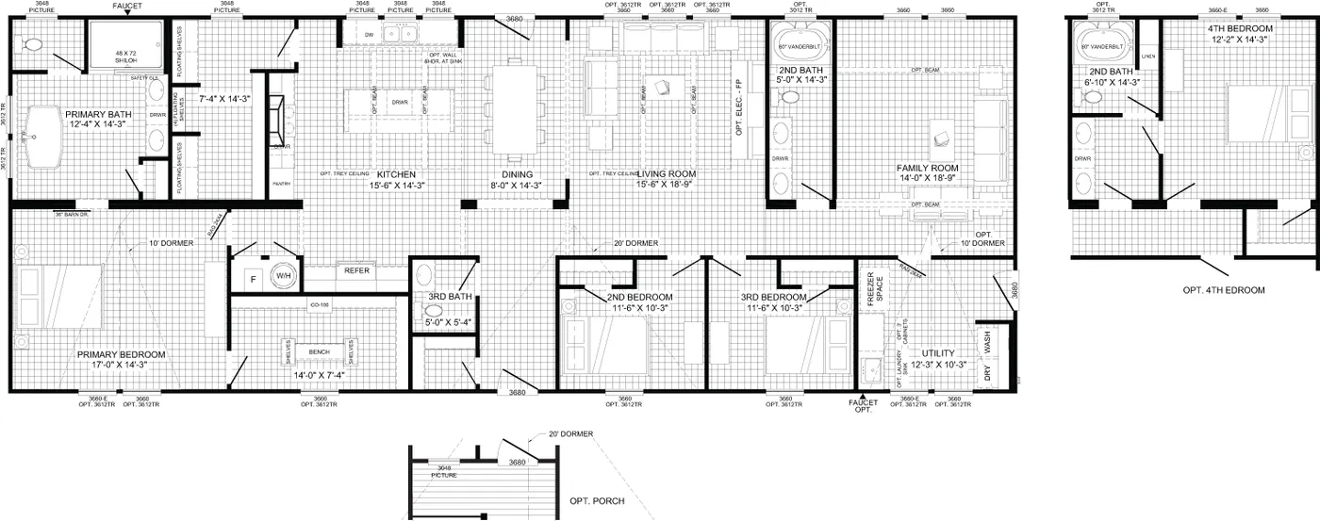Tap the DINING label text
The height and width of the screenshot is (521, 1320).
point(517,175)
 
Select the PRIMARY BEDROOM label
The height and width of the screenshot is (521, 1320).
point(122,355)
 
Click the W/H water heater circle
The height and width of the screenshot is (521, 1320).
point(285,277)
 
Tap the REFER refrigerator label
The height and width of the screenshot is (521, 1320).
point(356,270)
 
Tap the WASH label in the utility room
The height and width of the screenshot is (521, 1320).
point(988,347)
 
